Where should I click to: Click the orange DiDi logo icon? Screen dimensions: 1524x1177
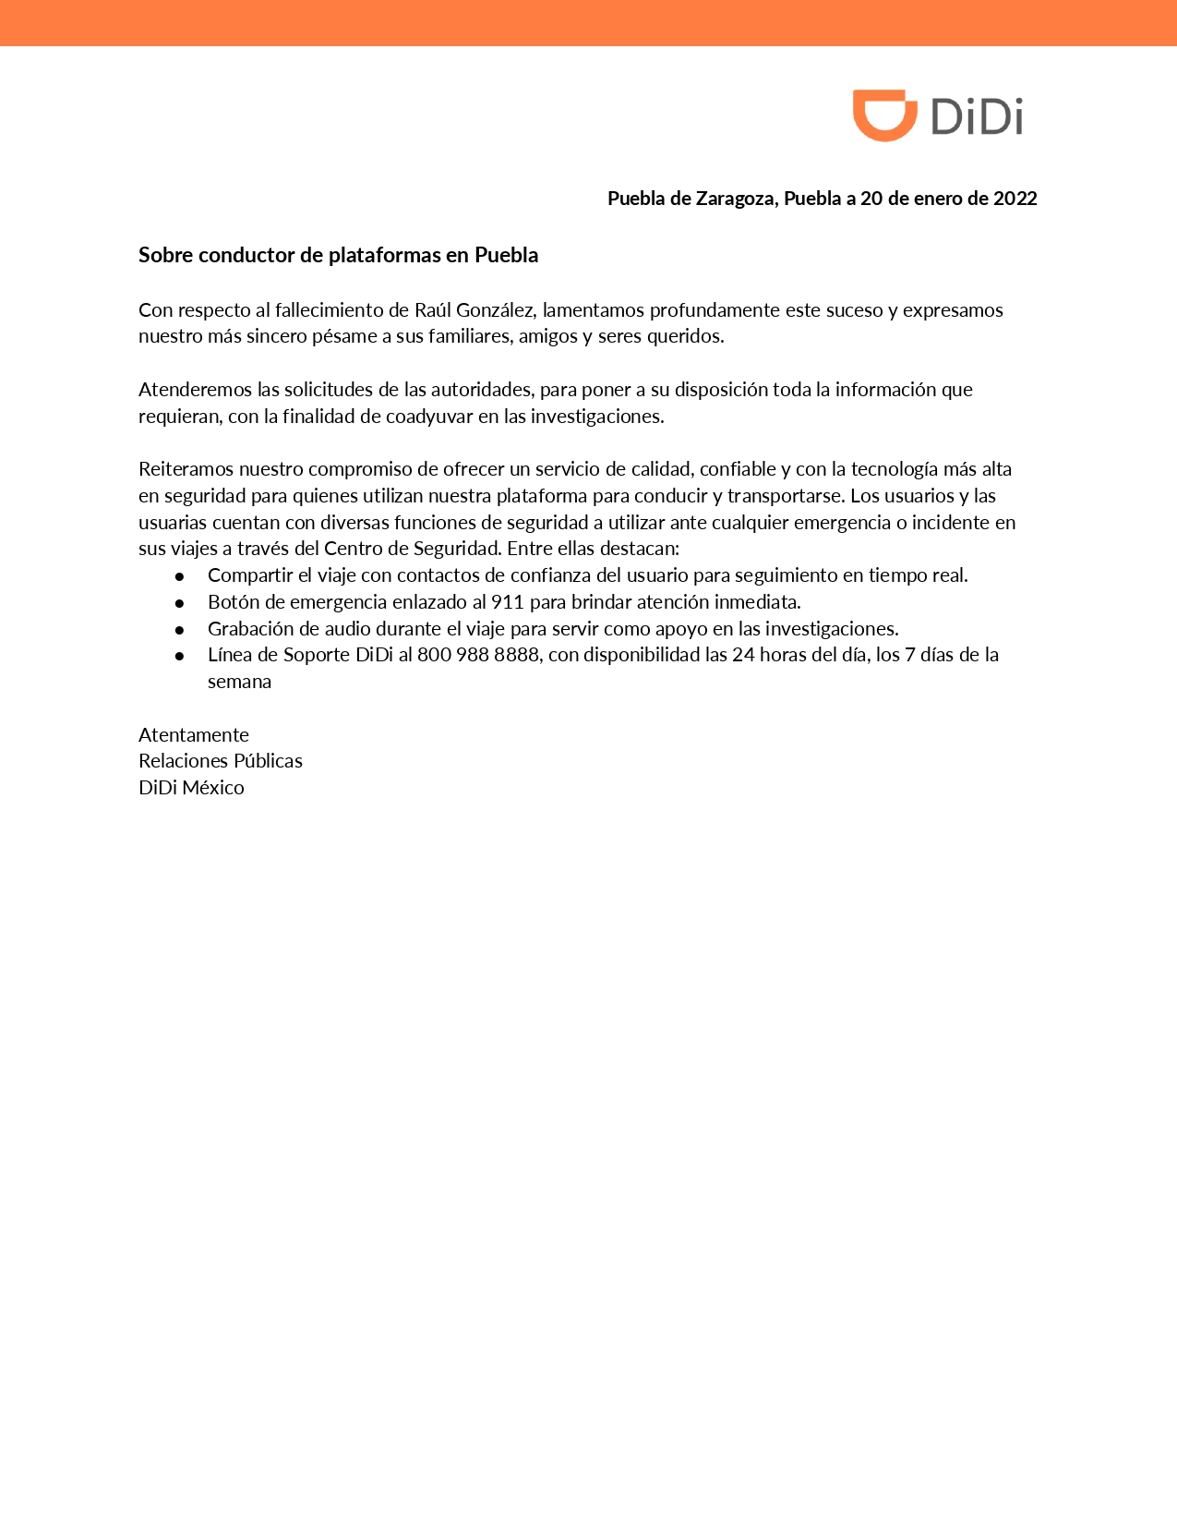pyautogui.click(x=883, y=115)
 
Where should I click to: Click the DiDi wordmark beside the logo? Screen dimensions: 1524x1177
pyautogui.click(x=977, y=117)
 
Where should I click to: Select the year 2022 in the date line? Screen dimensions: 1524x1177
pyautogui.click(x=1015, y=199)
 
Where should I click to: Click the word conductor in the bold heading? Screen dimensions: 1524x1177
pyautogui.click(x=246, y=255)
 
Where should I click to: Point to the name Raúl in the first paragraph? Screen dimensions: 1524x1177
pyautogui.click(x=433, y=310)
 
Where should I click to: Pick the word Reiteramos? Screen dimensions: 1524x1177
pyautogui.click(x=186, y=469)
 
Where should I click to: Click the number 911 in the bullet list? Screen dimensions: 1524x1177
pyautogui.click(x=508, y=602)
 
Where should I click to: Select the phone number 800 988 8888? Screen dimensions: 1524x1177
pyautogui.click(x=478, y=655)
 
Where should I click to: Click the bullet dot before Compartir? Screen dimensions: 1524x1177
pyautogui.click(x=180, y=576)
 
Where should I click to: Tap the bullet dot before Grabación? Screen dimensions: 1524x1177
pyautogui.click(x=180, y=630)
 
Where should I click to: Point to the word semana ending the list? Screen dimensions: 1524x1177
pyautogui.click(x=239, y=682)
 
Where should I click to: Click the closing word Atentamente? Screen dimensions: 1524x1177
pyautogui.click(x=194, y=735)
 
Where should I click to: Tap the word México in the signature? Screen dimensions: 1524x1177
pyautogui.click(x=213, y=788)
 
